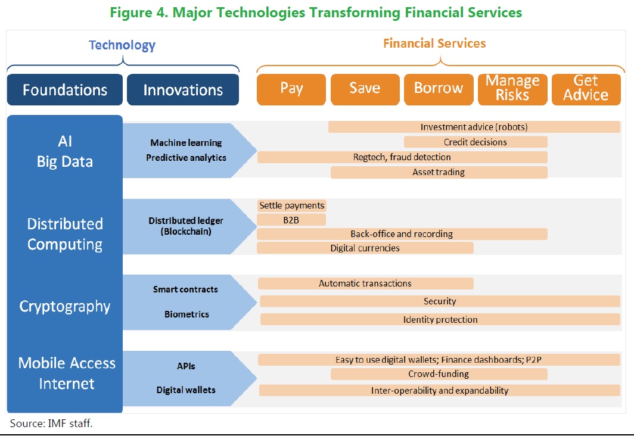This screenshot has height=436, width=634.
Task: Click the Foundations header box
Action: [65, 90]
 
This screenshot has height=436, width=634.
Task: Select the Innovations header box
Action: [183, 90]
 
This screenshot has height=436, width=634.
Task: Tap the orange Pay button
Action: [291, 89]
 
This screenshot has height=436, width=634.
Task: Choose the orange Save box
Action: [365, 89]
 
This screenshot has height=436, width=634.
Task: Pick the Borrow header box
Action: [439, 89]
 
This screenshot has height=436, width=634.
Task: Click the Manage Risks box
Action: [512, 89]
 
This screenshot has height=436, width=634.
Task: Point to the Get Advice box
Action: [586, 89]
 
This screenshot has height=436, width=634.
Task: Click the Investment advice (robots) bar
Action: [474, 127]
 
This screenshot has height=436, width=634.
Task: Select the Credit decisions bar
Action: [475, 142]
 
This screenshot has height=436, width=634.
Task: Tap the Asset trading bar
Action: [439, 172]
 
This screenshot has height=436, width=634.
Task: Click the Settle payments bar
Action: [291, 205]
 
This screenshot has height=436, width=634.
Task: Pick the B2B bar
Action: [291, 220]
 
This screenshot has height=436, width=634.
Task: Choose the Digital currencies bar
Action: [365, 248]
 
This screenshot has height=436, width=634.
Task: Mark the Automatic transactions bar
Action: [365, 284]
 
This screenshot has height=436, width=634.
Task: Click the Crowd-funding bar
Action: [439, 374]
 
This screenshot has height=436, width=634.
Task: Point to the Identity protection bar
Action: [440, 319]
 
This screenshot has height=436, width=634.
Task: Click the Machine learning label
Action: [186, 142]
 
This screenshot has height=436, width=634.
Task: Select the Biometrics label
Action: [187, 314]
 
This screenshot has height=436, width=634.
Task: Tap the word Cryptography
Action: [65, 307]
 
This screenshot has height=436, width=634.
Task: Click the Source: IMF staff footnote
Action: [51, 423]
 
